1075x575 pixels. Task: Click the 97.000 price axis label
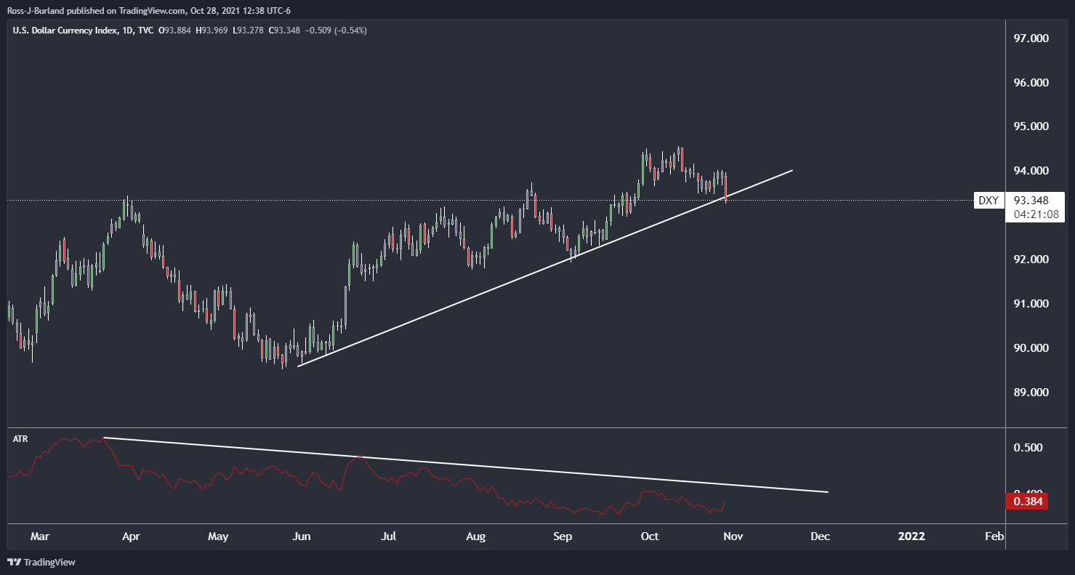(1031, 39)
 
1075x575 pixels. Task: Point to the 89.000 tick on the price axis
(1031, 392)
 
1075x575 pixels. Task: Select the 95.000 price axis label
(1031, 126)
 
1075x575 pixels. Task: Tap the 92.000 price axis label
(1031, 260)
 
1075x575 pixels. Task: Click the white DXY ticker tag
(989, 200)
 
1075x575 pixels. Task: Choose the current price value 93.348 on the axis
(1031, 200)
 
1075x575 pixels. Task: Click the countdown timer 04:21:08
(1036, 214)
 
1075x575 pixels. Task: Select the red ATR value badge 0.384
(1027, 502)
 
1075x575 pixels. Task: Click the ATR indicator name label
(20, 438)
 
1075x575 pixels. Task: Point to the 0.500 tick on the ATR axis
(1028, 447)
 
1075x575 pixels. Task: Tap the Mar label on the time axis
(40, 536)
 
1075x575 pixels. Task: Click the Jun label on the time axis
(302, 536)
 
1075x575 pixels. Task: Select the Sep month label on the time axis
(563, 536)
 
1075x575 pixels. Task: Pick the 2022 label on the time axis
(911, 536)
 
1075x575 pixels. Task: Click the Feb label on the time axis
(994, 536)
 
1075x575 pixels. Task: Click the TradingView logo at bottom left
(41, 562)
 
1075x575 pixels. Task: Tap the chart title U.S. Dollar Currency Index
(65, 31)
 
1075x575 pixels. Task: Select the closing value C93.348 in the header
(284, 31)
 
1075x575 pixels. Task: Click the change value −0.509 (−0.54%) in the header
(336, 31)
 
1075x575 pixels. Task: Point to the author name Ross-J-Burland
(36, 11)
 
